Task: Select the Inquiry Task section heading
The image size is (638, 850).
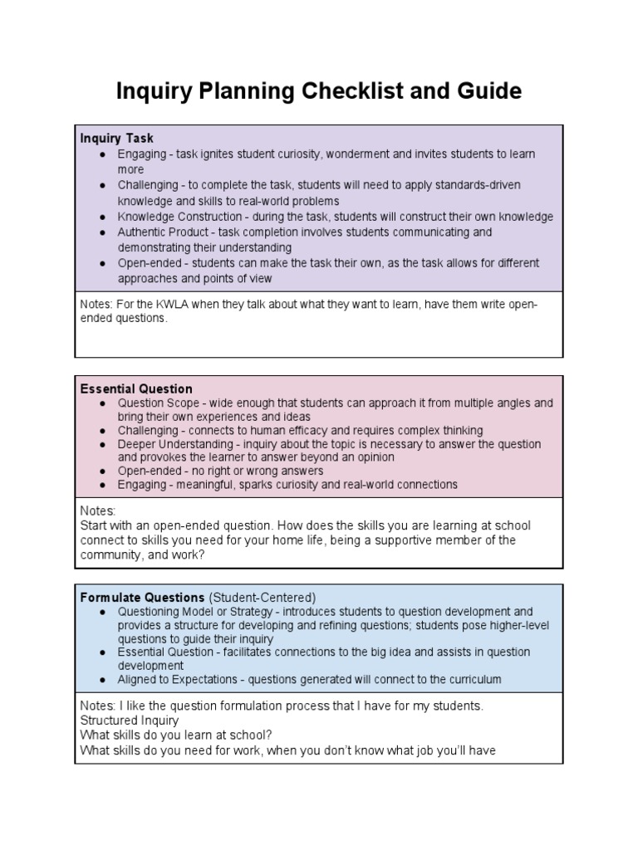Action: [x=116, y=139]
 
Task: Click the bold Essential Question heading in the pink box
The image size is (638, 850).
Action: [x=136, y=388]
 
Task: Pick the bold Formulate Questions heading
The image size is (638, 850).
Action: [x=142, y=597]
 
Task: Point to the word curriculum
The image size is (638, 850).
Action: [x=473, y=679]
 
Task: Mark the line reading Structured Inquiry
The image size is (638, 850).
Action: [x=129, y=721]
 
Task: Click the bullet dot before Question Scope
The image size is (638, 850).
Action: [x=101, y=403]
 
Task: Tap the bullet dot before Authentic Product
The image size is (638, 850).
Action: [x=101, y=232]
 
